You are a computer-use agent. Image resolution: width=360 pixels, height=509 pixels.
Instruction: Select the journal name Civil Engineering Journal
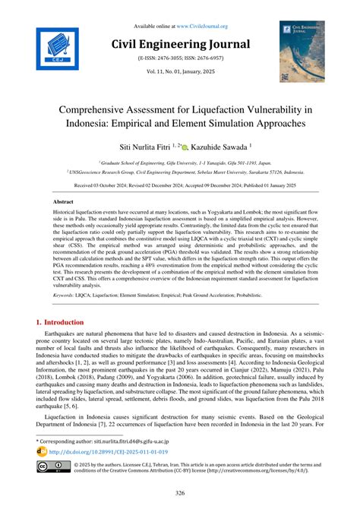[180, 44]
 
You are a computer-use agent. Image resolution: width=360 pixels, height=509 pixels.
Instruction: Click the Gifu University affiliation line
[180, 163]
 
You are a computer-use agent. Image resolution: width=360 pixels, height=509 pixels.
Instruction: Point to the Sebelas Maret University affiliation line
[180, 172]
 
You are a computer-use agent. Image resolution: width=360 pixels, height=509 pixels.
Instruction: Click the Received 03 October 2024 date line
[180, 185]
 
